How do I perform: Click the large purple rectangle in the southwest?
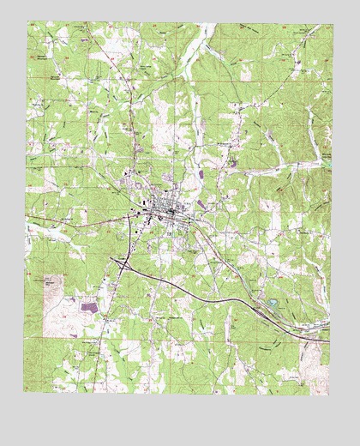tap(89, 304)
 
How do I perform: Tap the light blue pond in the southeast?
tap(273, 302)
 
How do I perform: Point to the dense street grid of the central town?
tap(163, 210)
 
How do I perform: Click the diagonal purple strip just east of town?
tap(202, 204)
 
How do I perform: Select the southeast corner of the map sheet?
tap(329, 393)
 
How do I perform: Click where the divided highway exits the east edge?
tap(329, 340)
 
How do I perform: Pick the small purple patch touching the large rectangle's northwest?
tap(79, 299)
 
